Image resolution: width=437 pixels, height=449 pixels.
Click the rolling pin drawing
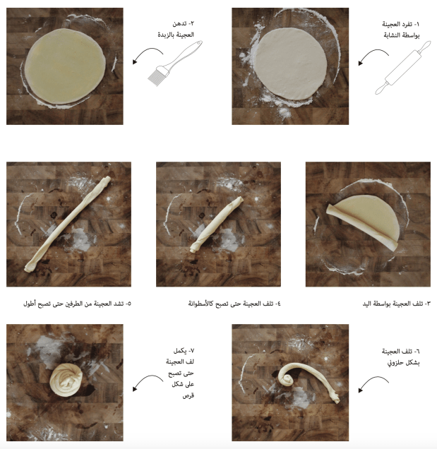[403, 68]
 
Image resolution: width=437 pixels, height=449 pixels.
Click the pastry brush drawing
[175, 64]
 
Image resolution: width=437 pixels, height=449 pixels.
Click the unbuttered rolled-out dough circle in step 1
[290, 64]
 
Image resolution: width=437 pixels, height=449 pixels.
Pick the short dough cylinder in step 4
[217, 224]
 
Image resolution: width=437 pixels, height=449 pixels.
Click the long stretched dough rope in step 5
[68, 224]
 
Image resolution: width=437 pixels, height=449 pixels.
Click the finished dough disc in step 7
[66, 380]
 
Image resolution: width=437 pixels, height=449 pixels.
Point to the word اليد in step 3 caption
[367, 304]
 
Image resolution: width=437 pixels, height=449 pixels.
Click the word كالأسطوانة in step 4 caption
[200, 304]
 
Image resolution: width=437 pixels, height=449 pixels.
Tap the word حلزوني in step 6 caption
[394, 363]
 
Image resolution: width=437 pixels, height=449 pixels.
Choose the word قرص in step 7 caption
[188, 396]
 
